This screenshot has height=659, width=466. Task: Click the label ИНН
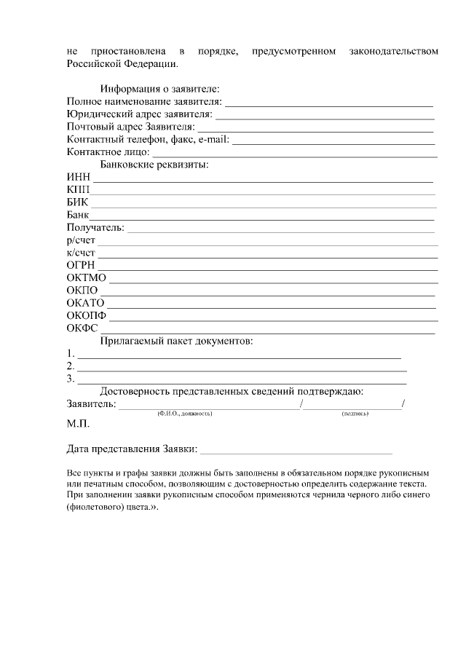coord(78,177)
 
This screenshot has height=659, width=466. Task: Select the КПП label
coord(78,189)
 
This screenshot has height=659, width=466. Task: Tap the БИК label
coord(77,202)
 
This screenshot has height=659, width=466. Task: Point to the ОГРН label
coord(81,266)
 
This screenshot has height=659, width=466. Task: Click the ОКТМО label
coord(87,278)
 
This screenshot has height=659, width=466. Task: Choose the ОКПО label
coord(82,291)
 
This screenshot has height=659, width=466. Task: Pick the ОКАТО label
coord(86,303)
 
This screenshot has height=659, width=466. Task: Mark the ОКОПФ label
coord(87,316)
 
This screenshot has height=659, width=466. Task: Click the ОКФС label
coord(82,328)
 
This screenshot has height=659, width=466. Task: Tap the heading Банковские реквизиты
coord(154,165)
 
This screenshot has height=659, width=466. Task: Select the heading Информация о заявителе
coord(159,89)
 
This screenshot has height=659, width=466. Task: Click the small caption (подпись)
coord(355,414)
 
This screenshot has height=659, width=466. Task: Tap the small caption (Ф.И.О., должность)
coord(184,414)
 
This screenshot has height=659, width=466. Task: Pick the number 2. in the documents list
coord(71,366)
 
